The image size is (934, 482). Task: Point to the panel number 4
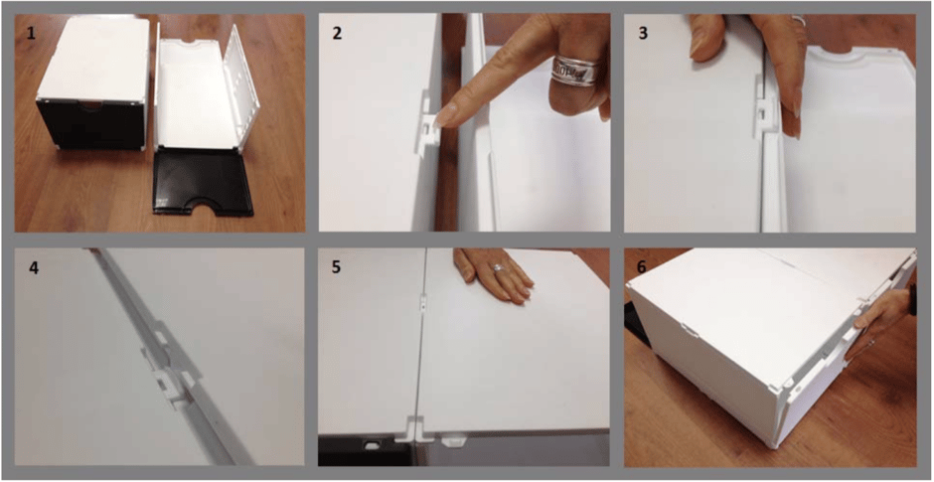pos(34,268)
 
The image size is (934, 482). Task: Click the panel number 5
pos(337,267)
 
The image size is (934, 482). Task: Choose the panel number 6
pos(642,267)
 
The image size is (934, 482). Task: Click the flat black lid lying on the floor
pos(204,183)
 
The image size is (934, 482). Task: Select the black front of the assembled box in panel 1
pos(89,124)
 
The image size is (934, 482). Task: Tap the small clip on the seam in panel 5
pos(421,303)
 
